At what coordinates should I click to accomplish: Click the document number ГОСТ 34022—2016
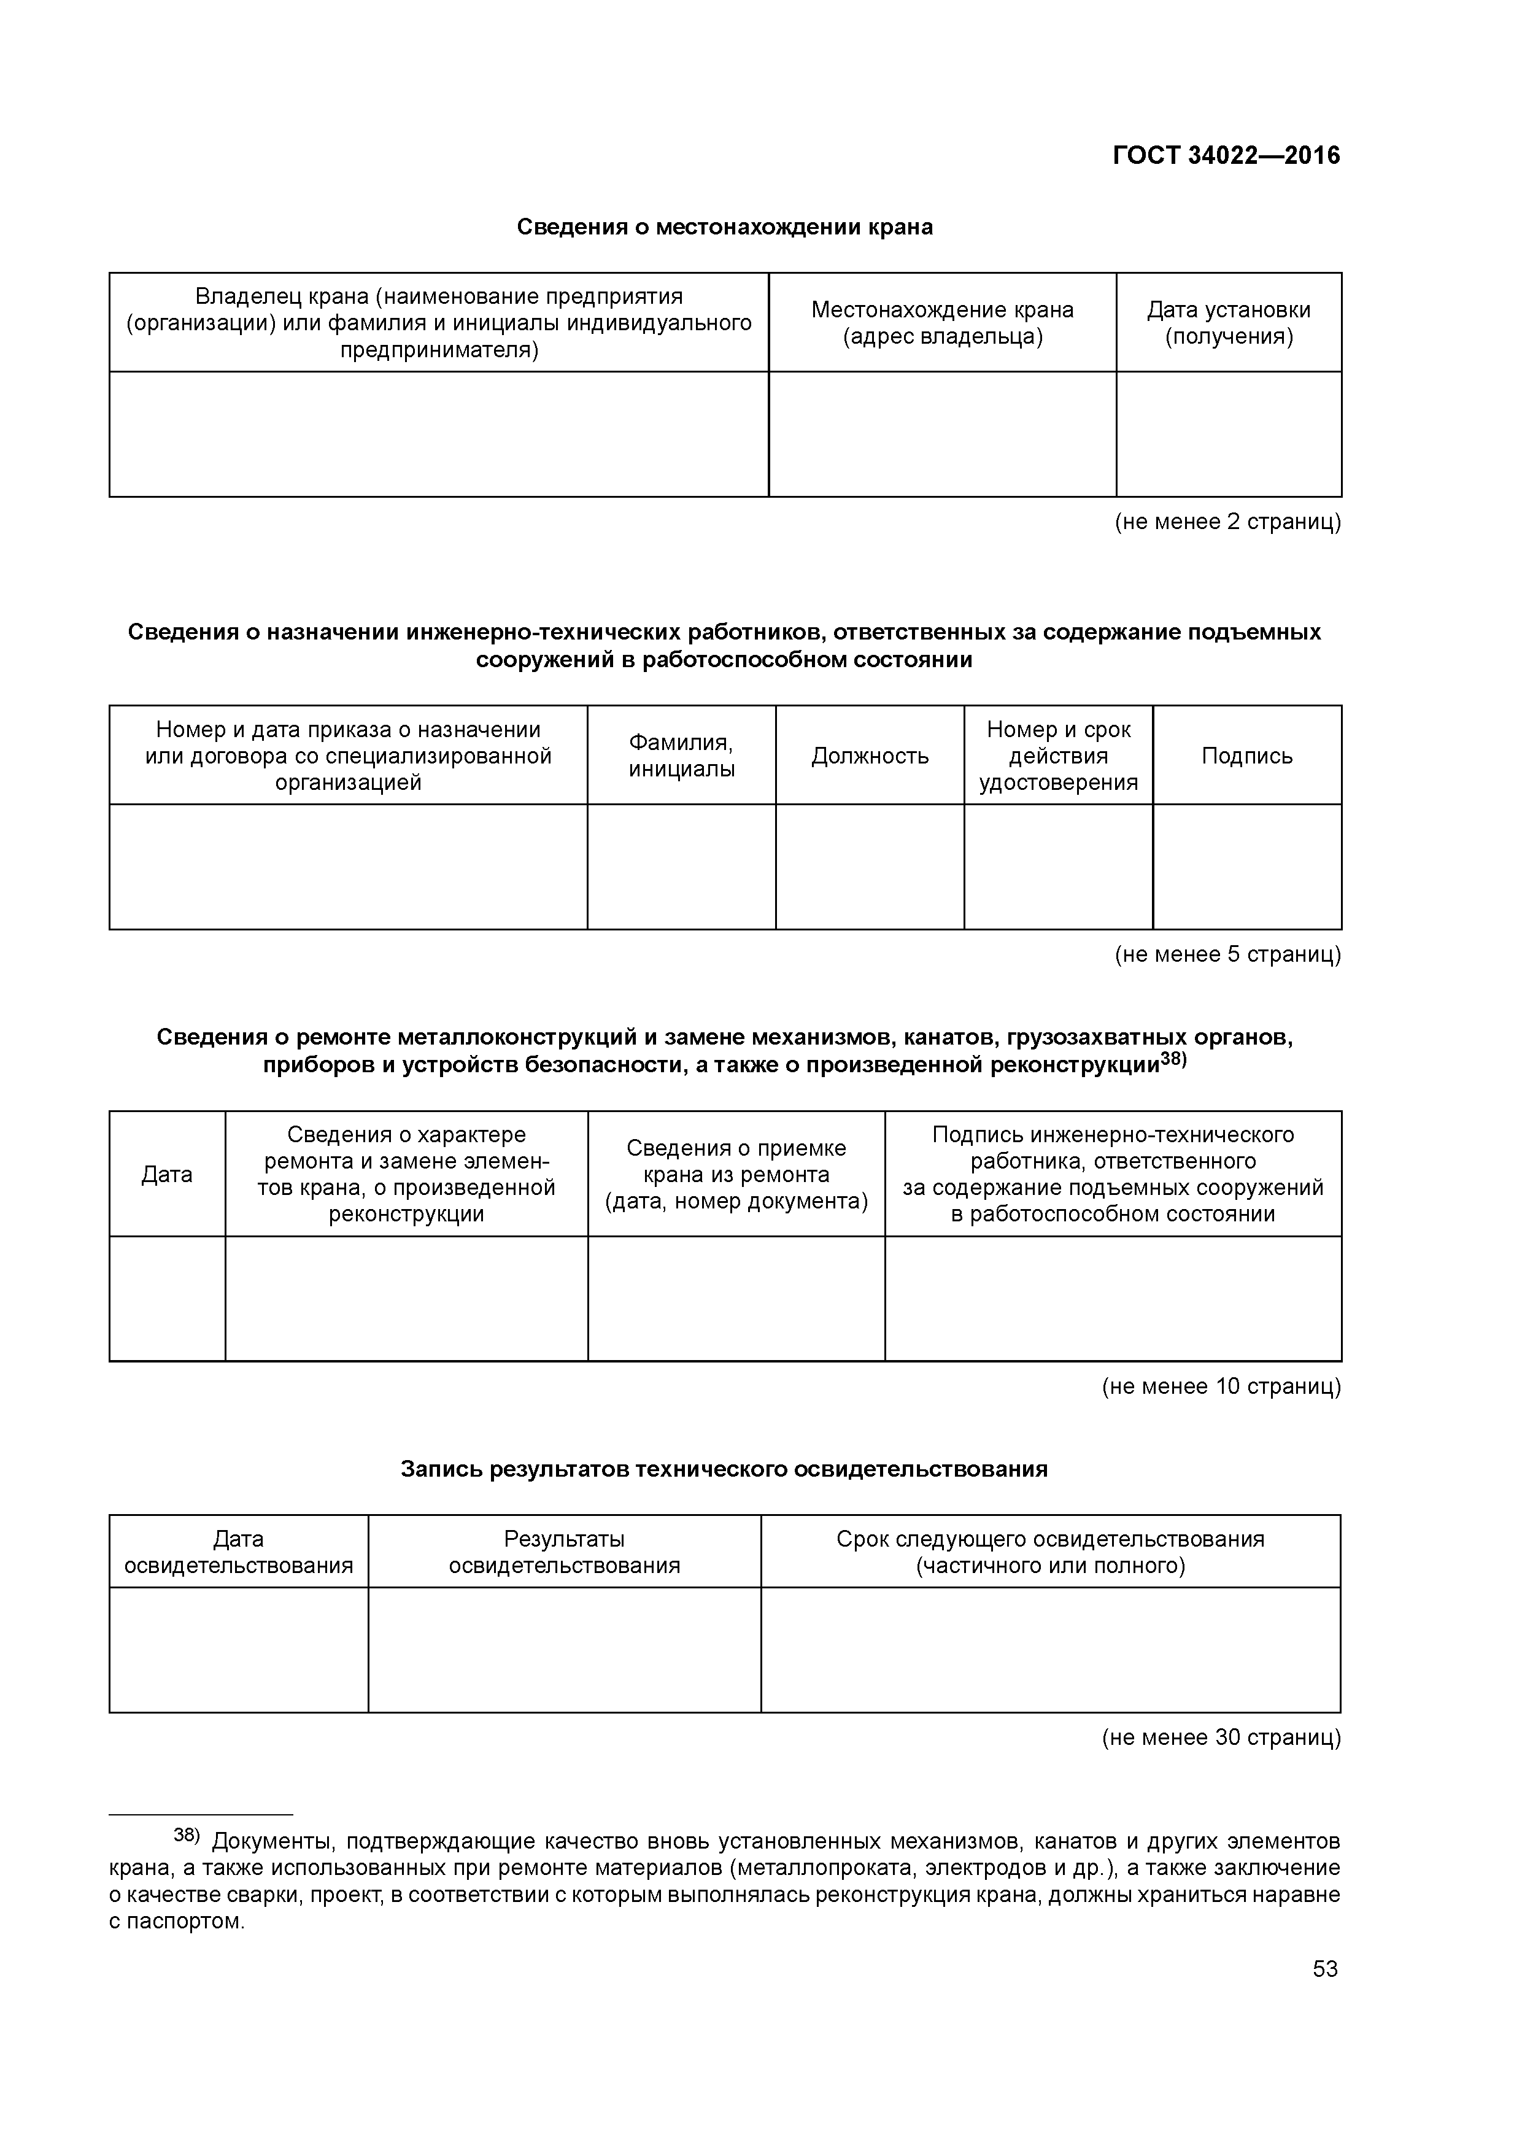[x=1226, y=156]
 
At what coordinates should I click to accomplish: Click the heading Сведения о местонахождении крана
[x=725, y=227]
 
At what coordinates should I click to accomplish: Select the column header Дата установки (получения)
[x=1229, y=323]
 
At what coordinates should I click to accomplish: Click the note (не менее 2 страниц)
[x=1227, y=522]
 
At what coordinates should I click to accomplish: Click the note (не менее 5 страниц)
[x=1227, y=954]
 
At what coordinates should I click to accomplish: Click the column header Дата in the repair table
[x=167, y=1175]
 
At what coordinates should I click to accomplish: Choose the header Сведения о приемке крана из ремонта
[x=736, y=1175]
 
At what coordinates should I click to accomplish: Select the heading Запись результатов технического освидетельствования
[x=724, y=1469]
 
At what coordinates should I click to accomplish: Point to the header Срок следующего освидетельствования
[x=1050, y=1552]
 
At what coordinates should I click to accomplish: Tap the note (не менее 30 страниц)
[x=1221, y=1737]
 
